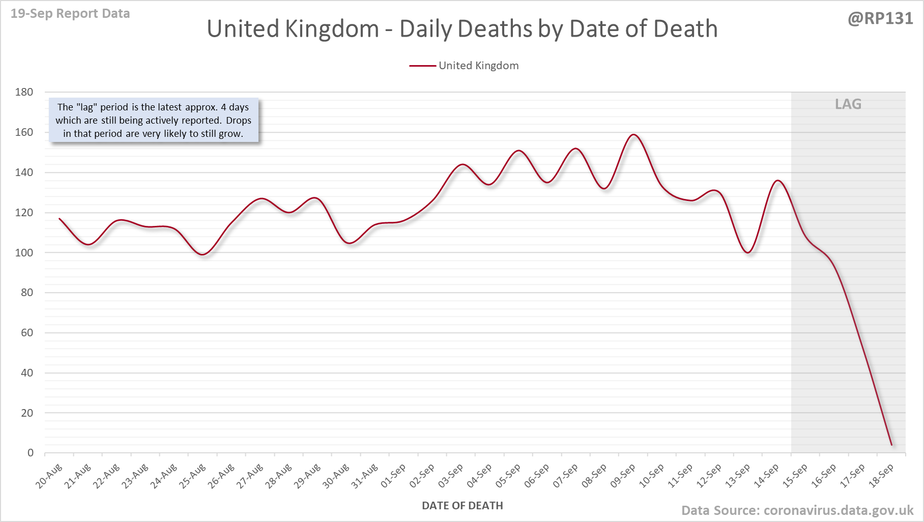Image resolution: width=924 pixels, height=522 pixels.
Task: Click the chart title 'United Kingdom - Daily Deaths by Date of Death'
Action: point(462,29)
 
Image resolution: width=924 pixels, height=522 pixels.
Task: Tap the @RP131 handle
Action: point(880,18)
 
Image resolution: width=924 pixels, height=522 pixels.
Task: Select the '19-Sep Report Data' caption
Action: point(70,14)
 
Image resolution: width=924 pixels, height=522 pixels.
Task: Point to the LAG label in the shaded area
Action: point(848,104)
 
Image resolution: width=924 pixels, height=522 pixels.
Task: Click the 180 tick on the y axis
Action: point(24,92)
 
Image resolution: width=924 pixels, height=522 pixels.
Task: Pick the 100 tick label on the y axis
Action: point(24,253)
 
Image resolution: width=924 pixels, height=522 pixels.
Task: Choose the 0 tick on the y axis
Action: point(31,453)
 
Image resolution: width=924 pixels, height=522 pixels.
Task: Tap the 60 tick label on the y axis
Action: point(26,333)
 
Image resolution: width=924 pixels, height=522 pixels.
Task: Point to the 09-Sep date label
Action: point(623,476)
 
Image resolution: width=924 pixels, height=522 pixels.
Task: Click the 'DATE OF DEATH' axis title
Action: point(462,506)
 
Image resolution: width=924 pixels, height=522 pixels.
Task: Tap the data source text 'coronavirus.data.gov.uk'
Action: point(839,510)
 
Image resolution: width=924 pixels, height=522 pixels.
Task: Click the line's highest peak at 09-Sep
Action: point(633,135)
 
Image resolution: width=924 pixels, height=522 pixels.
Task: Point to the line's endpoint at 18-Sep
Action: point(891,445)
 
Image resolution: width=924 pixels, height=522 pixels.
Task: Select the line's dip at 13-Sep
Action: point(748,252)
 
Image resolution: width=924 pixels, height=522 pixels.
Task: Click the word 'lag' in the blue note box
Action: point(86,107)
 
